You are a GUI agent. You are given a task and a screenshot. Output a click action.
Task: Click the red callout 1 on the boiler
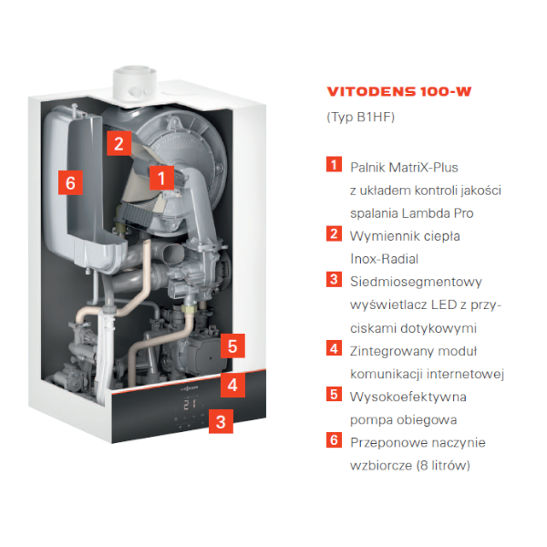[161, 178]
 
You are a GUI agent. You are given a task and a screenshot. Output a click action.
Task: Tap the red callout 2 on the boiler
[119, 143]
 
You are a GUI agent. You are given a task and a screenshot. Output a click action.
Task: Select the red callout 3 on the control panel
[221, 421]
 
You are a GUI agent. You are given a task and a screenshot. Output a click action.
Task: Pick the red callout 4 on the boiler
[232, 385]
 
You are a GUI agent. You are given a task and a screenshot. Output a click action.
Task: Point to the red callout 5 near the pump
[232, 346]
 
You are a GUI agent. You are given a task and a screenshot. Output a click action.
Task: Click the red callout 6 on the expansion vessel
[70, 182]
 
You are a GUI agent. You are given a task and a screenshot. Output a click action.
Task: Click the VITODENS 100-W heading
[399, 92]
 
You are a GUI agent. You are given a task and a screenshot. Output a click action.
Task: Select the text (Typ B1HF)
[361, 117]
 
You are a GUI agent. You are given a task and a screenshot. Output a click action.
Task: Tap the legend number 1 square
[334, 164]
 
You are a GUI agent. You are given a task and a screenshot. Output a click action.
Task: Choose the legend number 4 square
[334, 348]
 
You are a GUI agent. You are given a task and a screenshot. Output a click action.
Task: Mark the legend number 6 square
[334, 440]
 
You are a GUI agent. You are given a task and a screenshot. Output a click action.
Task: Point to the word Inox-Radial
[384, 259]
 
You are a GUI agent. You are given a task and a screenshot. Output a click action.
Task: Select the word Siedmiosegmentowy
[416, 282]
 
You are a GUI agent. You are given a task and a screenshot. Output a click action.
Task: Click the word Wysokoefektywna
[408, 397]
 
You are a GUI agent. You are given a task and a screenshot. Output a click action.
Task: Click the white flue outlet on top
[135, 83]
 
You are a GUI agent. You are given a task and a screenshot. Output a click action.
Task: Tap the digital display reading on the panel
[191, 404]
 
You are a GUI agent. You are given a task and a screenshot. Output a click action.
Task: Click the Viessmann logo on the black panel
[189, 387]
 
